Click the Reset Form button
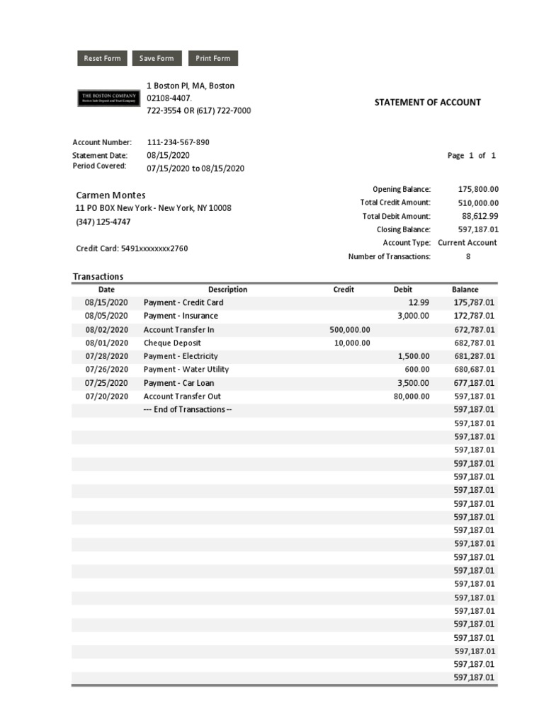(x=102, y=59)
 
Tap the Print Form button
(x=212, y=59)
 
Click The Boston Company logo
(x=108, y=98)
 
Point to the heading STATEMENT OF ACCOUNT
(x=427, y=103)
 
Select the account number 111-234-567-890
(x=178, y=142)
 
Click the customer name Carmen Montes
(x=110, y=195)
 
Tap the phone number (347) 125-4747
(x=103, y=222)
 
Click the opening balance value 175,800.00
(x=478, y=189)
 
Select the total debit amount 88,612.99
(x=480, y=216)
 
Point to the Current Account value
(x=467, y=243)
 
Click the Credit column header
(x=344, y=290)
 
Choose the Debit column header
(x=402, y=290)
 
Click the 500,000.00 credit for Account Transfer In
(x=350, y=330)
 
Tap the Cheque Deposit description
(x=172, y=343)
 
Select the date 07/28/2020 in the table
(x=107, y=356)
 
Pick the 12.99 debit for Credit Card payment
(x=419, y=303)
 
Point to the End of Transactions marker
(x=187, y=410)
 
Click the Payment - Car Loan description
(x=178, y=383)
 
